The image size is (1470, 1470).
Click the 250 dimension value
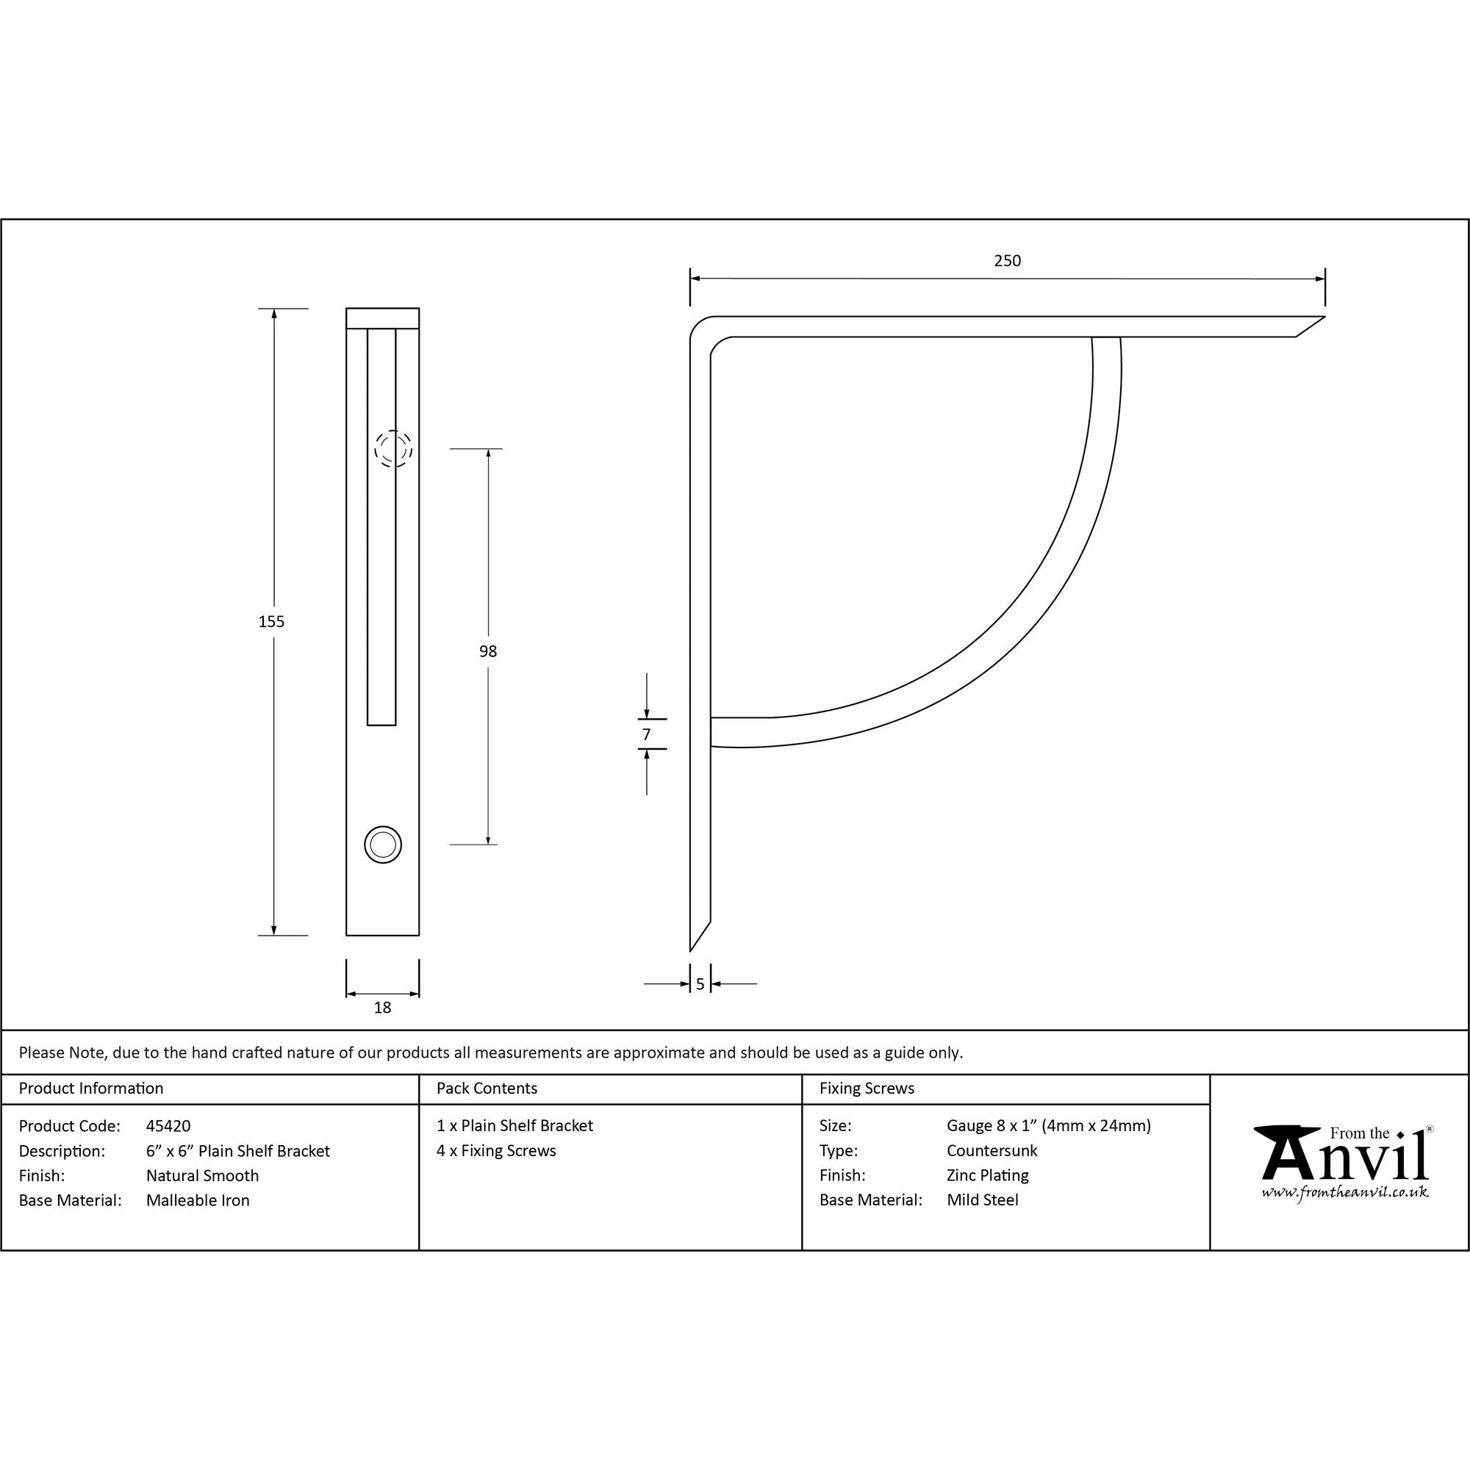coord(1007,261)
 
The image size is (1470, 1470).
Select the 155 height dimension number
coord(271,622)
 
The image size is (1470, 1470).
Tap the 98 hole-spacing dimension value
coord(488,651)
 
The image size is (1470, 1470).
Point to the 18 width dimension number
coord(382,1008)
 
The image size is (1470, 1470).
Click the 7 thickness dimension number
coord(646,734)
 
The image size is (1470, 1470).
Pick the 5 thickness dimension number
coord(700,985)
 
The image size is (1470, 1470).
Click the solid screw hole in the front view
coord(383,845)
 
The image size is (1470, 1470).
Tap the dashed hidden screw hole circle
coord(392,448)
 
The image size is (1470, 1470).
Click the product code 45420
coord(168,1126)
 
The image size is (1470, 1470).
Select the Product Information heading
coord(90,1088)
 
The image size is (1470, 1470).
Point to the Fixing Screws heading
coord(867,1088)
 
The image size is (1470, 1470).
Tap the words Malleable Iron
coord(198,1200)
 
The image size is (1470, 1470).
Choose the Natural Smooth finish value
coord(202,1175)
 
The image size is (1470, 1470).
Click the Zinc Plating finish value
coord(988,1175)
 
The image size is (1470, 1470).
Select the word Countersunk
coord(992,1150)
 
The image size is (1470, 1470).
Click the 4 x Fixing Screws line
coord(496,1150)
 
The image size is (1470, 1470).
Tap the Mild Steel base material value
coord(982,1200)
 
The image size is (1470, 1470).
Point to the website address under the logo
coord(1344,1192)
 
